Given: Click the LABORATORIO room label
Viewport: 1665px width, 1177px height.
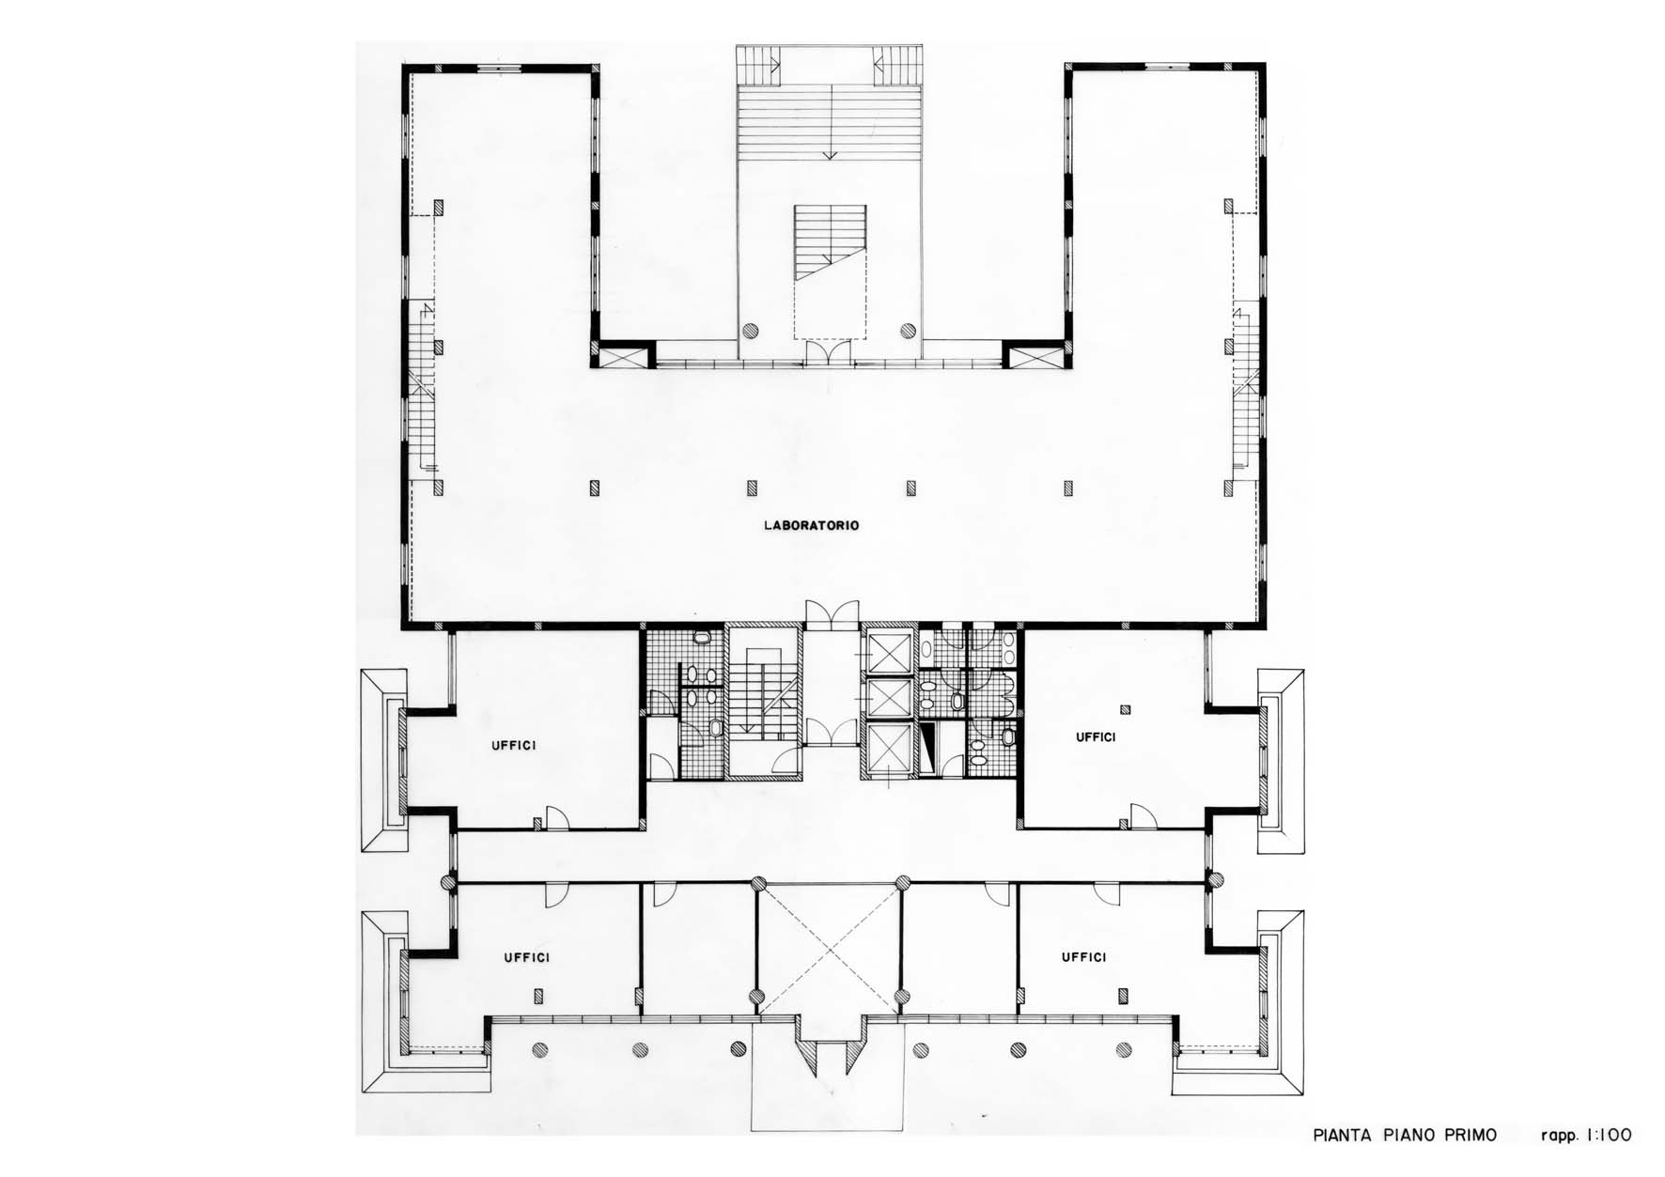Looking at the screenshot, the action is pos(811,526).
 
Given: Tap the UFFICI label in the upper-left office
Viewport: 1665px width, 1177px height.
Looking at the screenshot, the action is pos(514,746).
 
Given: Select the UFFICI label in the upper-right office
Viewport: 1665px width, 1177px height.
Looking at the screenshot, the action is pos(1096,737).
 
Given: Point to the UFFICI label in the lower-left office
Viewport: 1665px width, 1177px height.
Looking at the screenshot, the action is pos(526,957).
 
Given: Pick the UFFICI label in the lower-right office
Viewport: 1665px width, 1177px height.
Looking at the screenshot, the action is pos(1083,956).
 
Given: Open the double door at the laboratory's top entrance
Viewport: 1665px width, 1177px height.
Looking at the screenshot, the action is pos(829,351).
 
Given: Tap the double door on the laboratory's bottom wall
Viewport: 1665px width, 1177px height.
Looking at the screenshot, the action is pos(832,612).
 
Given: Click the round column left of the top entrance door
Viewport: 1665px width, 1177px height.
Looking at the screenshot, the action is pos(750,330).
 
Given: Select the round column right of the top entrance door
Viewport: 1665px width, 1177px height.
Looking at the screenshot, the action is pos(907,330).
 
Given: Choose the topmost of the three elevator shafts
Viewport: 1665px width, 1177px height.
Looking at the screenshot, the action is pos(888,650).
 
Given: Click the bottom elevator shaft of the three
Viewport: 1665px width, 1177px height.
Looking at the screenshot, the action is pos(888,749).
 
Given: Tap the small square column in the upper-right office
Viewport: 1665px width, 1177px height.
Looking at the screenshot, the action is pos(1126,709).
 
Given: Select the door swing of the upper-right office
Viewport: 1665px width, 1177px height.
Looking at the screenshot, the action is pos(1142,816).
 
